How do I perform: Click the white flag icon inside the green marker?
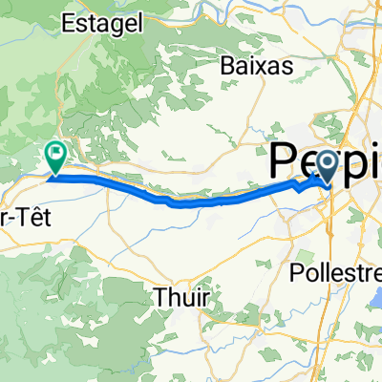pos(56,151)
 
